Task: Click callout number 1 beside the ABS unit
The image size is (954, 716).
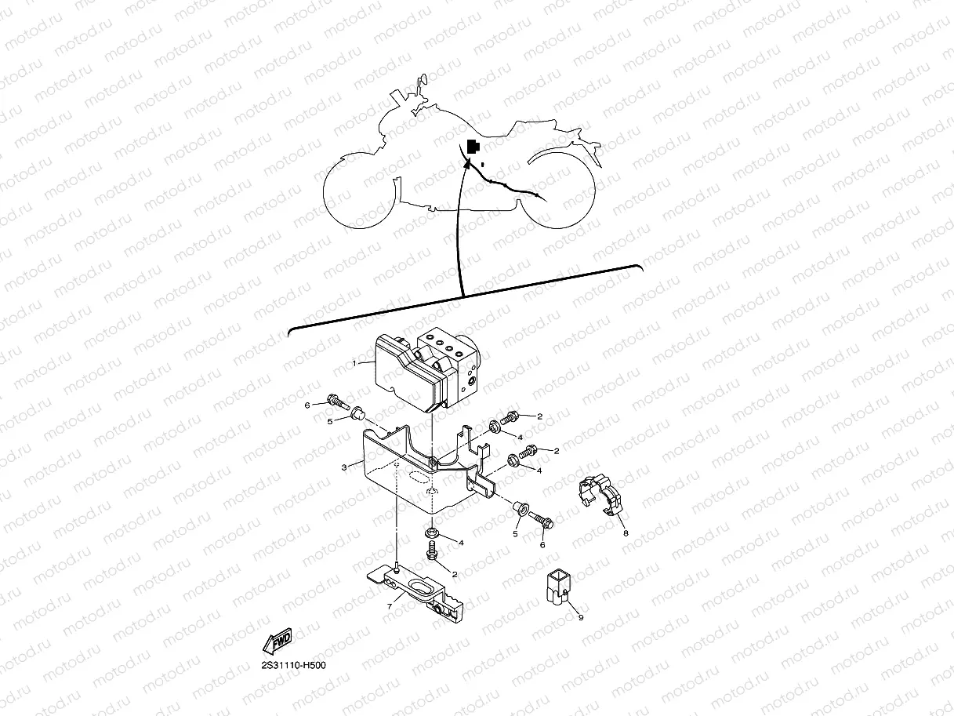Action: [x=354, y=363]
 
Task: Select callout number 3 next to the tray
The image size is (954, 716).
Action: [x=343, y=467]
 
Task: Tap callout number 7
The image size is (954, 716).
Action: [x=390, y=607]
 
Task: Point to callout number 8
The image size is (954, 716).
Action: [x=626, y=533]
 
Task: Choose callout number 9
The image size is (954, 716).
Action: [x=581, y=617]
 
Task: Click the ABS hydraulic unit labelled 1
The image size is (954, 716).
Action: [x=423, y=369]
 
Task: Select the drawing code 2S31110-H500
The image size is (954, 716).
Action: [x=294, y=666]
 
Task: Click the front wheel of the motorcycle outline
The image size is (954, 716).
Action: [x=361, y=192]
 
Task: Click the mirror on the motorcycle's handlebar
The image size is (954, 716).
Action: [x=423, y=81]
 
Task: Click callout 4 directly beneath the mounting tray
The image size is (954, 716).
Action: [x=462, y=543]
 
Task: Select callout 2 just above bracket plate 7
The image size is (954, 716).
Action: [x=454, y=575]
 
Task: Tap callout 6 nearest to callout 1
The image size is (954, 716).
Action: [x=308, y=405]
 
